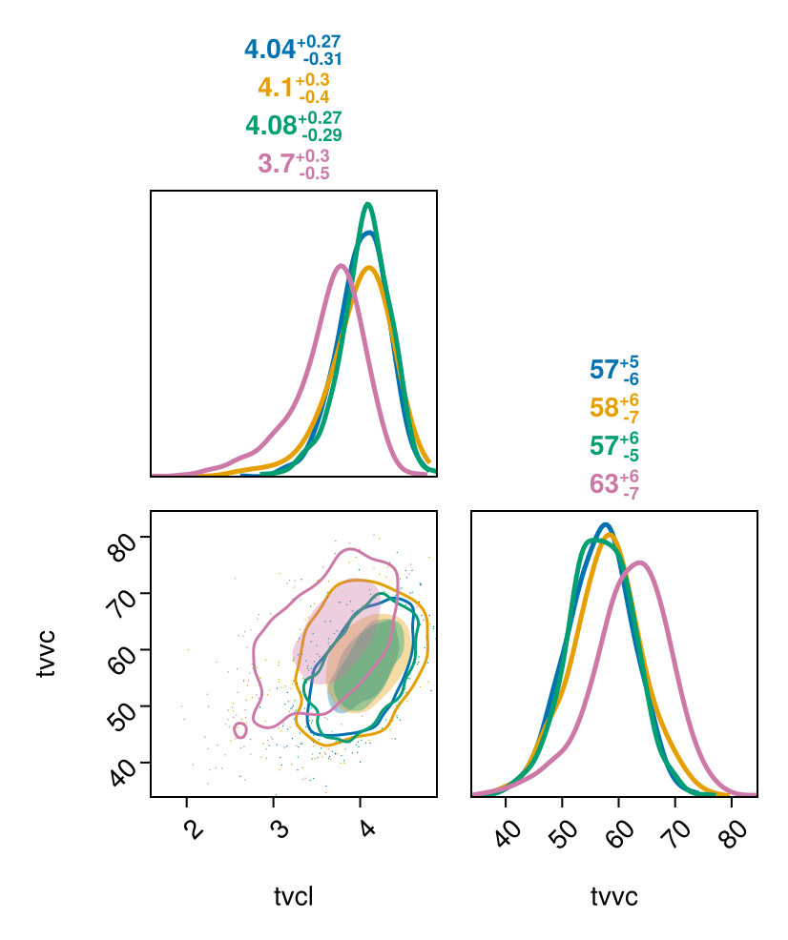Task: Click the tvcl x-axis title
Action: (294, 896)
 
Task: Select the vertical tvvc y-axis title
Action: (46, 653)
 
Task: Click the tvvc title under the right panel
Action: (614, 896)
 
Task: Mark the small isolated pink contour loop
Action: (240, 730)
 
